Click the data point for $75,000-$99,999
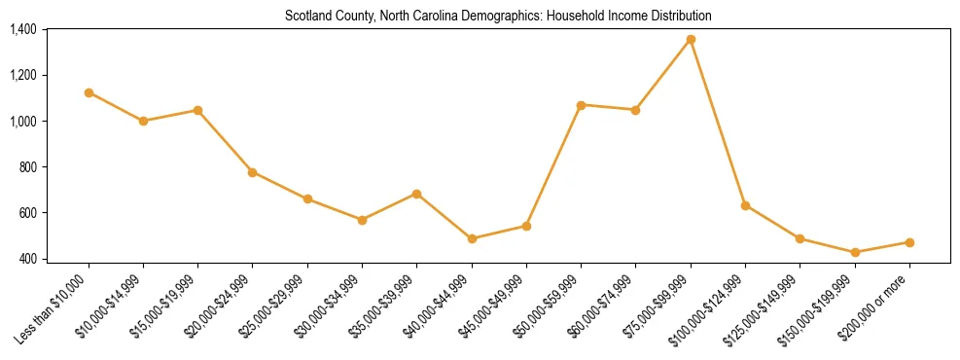click(x=691, y=39)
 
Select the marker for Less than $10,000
click(x=89, y=92)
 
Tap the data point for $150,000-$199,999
click(x=855, y=252)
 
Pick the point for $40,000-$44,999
click(x=472, y=238)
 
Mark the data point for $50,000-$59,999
click(x=581, y=104)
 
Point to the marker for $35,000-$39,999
click(x=417, y=194)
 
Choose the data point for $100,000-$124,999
click(x=745, y=205)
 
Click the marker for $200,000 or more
click(x=909, y=242)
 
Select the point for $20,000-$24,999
click(x=253, y=172)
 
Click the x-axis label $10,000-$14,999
click(x=111, y=306)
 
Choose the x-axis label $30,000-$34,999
click(x=330, y=306)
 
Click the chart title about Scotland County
click(x=498, y=16)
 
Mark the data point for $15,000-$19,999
click(x=197, y=110)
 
